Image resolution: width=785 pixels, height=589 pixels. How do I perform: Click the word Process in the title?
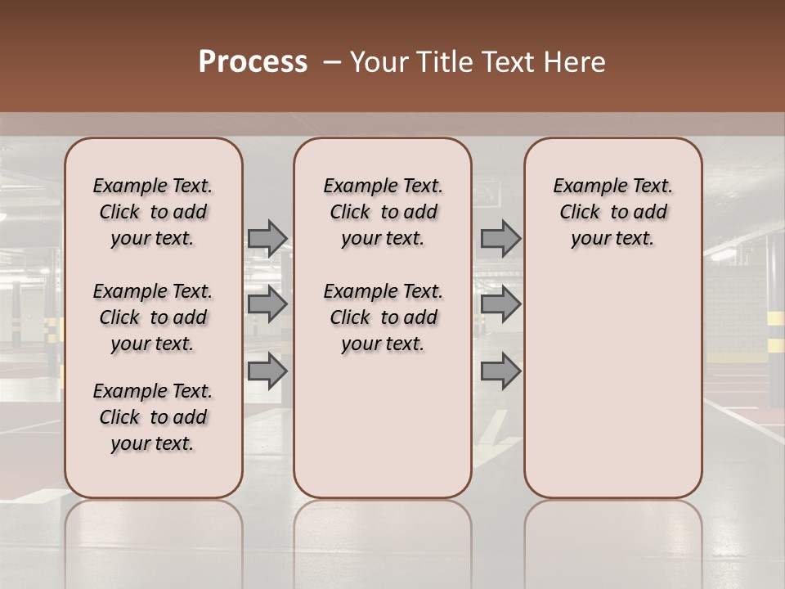[253, 62]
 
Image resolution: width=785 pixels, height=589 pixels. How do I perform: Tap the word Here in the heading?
[575, 62]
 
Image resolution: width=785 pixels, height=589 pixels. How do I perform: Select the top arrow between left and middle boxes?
[267, 238]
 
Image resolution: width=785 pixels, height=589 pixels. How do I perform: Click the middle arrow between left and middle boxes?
[267, 304]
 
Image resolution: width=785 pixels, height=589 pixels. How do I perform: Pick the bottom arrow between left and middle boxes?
[267, 371]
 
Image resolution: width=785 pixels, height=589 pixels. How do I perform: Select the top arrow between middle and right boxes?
[500, 238]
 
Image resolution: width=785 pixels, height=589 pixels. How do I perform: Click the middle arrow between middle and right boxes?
[500, 304]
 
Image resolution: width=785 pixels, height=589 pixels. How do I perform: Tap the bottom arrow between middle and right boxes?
[500, 371]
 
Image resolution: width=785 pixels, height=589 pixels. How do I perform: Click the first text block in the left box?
[153, 212]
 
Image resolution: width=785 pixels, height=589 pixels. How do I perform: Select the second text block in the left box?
[153, 317]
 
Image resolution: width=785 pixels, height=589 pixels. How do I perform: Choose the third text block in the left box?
[153, 417]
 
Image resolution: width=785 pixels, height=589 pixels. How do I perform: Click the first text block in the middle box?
[383, 212]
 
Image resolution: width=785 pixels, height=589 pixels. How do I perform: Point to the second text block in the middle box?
[383, 317]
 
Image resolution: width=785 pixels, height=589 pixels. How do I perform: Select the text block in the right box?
[612, 212]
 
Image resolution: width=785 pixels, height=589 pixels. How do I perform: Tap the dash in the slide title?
[332, 62]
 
